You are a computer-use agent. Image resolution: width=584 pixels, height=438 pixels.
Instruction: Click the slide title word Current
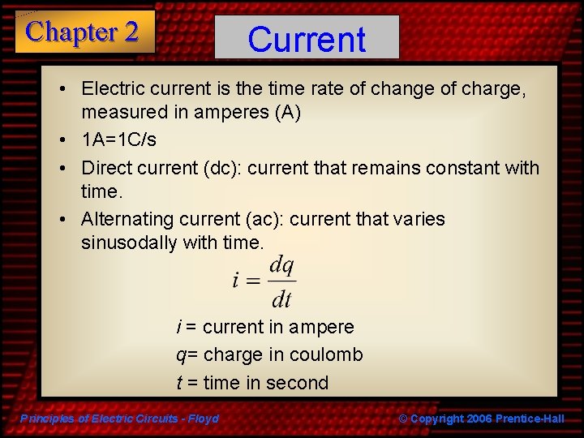[x=307, y=39]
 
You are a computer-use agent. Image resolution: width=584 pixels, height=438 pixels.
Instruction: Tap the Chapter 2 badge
[x=83, y=32]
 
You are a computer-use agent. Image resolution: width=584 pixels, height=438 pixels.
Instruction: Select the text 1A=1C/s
[x=118, y=140]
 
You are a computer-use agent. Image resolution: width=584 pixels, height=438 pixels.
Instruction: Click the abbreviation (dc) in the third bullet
[x=222, y=168]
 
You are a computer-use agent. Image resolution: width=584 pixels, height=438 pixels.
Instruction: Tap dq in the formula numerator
[x=281, y=264]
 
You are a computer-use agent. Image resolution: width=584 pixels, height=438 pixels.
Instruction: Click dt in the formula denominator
[x=281, y=299]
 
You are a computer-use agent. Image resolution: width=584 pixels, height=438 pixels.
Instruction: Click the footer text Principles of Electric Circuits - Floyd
[x=119, y=419]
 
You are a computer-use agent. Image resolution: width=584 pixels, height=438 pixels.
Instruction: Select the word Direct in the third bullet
[x=105, y=168]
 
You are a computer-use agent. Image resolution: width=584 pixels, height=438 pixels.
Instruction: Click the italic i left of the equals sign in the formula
[x=235, y=281]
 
